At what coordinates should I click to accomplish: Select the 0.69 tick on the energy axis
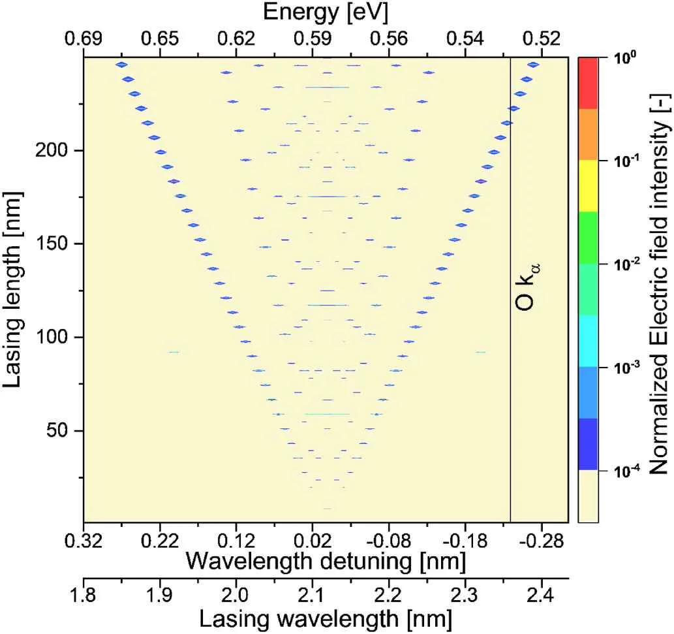click(84, 39)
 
